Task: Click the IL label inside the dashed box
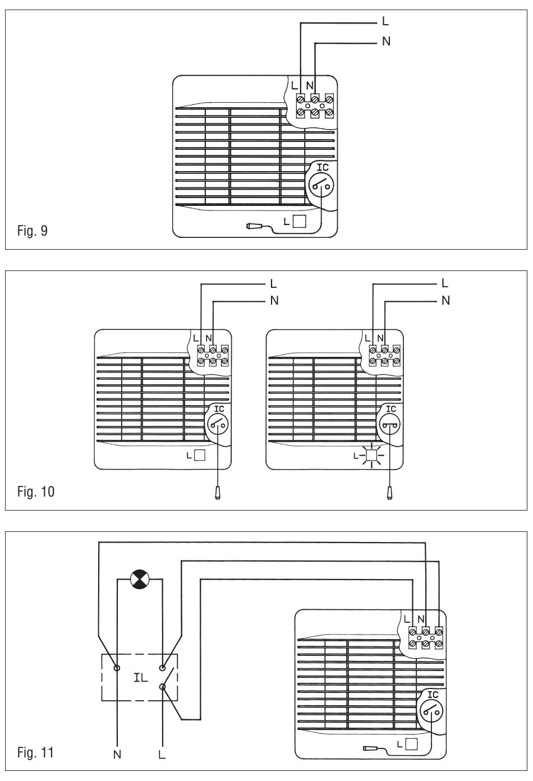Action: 140,677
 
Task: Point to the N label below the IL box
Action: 117,755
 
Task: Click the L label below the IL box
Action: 162,755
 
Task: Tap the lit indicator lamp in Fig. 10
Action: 370,456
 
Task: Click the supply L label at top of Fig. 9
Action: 385,22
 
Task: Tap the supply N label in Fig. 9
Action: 386,42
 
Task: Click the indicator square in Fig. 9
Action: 300,221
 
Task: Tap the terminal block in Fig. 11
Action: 426,638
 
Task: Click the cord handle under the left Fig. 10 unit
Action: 217,492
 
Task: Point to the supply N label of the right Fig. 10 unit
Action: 445,301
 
